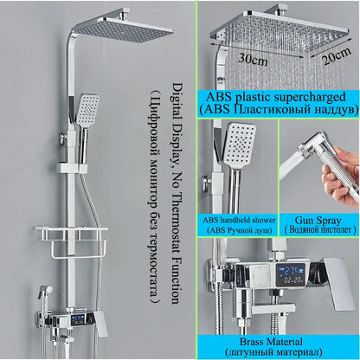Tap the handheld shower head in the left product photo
coord(87,112)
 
